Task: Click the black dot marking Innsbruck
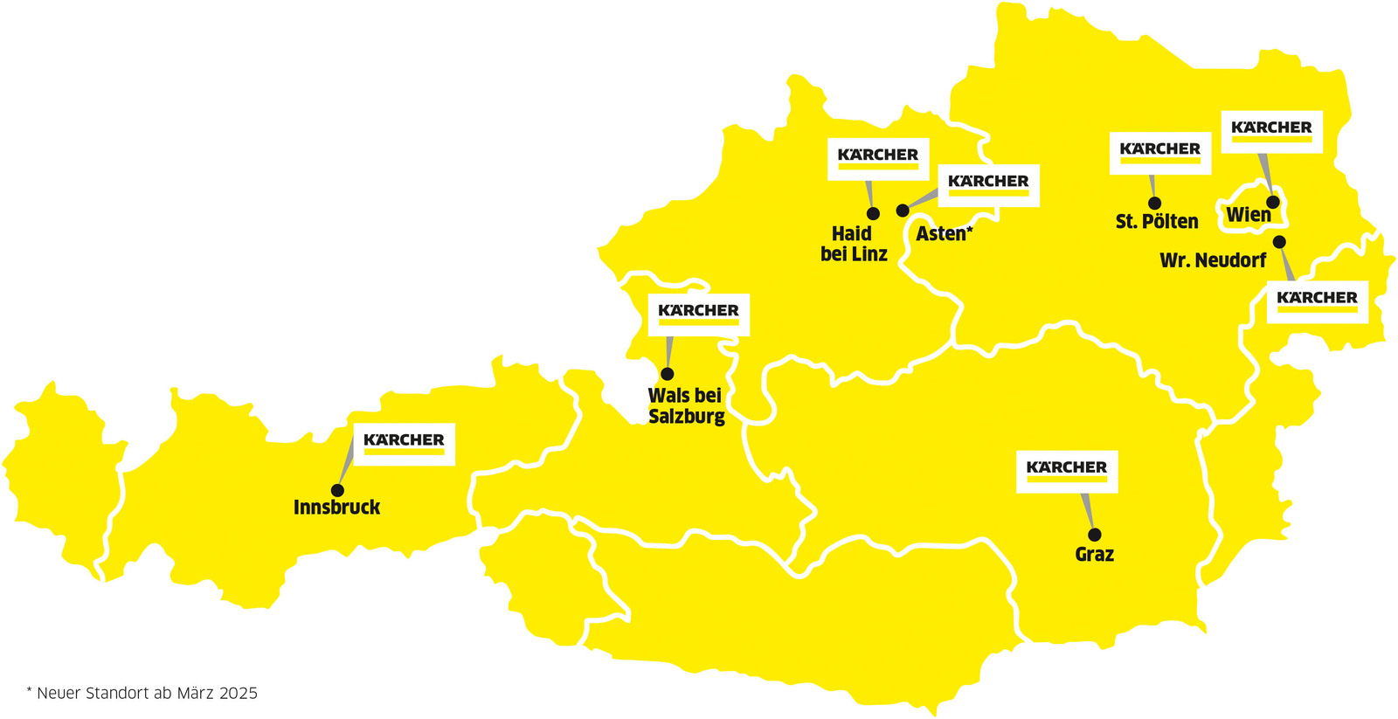pyautogui.click(x=337, y=491)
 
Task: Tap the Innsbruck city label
pyautogui.click(x=336, y=508)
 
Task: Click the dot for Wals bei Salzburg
pyautogui.click(x=668, y=374)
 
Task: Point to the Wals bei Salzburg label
pyautogui.click(x=686, y=406)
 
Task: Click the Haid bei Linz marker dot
pyautogui.click(x=873, y=214)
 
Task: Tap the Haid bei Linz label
pyautogui.click(x=854, y=245)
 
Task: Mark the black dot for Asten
pyautogui.click(x=903, y=211)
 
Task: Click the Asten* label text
pyautogui.click(x=944, y=234)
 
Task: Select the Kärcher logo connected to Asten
pyautogui.click(x=988, y=184)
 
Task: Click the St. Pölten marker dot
pyautogui.click(x=1154, y=204)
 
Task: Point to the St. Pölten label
pyautogui.click(x=1157, y=222)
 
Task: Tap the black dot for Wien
pyautogui.click(x=1273, y=203)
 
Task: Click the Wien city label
pyautogui.click(x=1248, y=215)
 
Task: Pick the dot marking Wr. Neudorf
pyautogui.click(x=1279, y=241)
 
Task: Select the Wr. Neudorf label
pyautogui.click(x=1213, y=260)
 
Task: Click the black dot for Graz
pyautogui.click(x=1094, y=535)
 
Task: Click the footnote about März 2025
pyautogui.click(x=142, y=694)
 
